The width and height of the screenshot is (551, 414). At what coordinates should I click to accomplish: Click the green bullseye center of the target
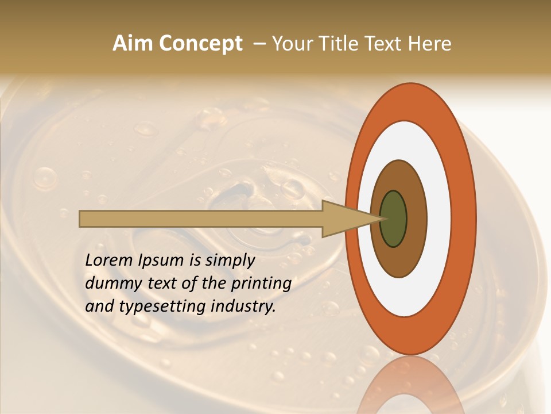tap(394, 219)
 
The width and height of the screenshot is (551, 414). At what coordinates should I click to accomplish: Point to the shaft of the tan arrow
tap(201, 219)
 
